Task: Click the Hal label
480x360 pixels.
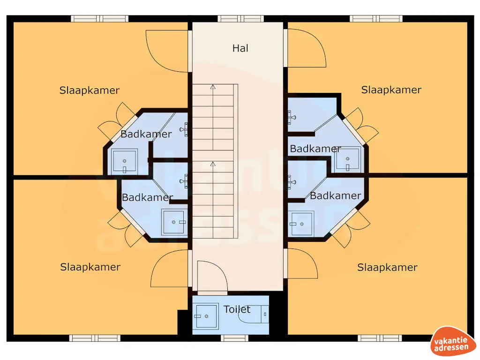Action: click(240, 48)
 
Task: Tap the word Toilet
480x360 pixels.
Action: click(237, 309)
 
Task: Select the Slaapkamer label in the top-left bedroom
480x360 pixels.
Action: click(90, 90)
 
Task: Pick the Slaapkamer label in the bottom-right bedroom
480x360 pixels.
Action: click(387, 268)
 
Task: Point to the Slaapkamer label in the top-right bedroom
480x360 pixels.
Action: click(391, 90)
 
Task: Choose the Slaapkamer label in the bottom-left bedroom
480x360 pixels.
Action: click(90, 267)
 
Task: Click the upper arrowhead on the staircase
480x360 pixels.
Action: click(213, 87)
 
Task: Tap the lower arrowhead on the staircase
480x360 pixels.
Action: click(213, 164)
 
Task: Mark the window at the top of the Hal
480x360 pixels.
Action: click(240, 19)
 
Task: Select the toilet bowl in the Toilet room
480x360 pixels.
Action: click(253, 316)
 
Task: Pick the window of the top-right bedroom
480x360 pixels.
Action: click(376, 19)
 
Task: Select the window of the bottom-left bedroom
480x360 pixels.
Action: click(95, 338)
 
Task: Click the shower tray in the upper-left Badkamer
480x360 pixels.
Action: click(125, 160)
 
